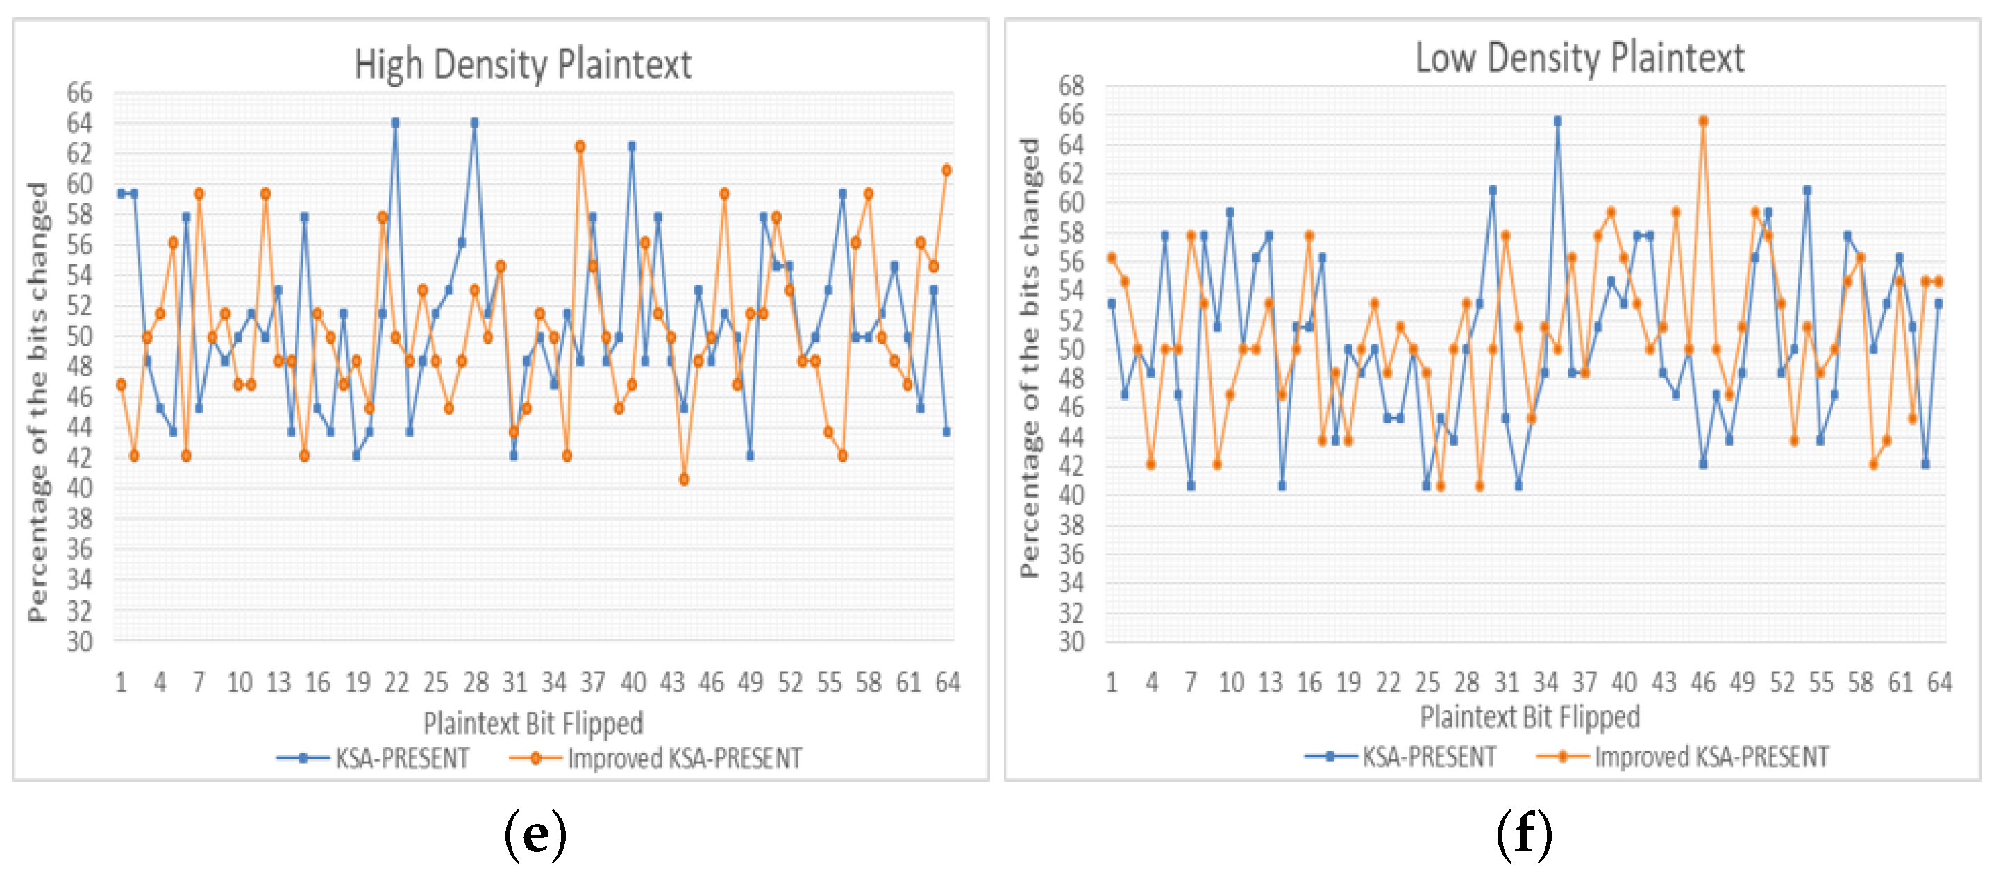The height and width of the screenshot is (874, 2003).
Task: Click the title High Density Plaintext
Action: pos(523,65)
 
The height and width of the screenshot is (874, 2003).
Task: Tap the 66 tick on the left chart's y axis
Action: pos(79,92)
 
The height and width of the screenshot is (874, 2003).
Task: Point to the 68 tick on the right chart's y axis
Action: pos(1071,85)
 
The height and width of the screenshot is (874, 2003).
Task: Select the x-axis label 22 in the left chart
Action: pos(396,682)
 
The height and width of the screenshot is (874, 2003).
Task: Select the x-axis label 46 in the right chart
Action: pos(1703,682)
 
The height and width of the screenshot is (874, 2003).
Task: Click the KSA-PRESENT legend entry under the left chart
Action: pos(374,758)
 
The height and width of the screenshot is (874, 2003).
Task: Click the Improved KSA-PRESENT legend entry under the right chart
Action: pos(1684,757)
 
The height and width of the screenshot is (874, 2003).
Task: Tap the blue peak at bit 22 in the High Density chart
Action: pos(395,123)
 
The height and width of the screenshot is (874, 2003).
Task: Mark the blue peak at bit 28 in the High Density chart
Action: pos(474,123)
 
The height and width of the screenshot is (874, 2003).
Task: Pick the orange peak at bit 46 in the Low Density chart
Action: pos(1703,121)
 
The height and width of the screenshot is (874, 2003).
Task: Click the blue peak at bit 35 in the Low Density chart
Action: pos(1557,121)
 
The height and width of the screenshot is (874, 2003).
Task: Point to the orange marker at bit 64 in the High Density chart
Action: pos(946,170)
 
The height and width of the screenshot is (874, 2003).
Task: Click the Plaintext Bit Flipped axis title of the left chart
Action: pos(533,723)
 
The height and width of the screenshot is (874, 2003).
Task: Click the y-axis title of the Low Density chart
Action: pos(1029,358)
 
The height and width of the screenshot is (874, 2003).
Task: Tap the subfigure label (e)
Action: pos(535,834)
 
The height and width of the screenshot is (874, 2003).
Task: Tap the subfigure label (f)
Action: pos(1524,834)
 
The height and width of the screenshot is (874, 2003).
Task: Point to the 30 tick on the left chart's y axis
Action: pos(79,642)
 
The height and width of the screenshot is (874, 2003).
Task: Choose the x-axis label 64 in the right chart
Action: pos(1939,682)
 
